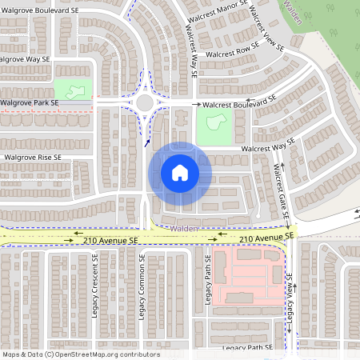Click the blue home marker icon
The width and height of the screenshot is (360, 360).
pos(180,173)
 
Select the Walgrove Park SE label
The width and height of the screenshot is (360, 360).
pos(30,103)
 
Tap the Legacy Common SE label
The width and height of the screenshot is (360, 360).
pos(142,288)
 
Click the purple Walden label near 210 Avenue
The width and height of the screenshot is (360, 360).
pos(184,228)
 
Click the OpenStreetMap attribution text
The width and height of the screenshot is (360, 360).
pos(80,354)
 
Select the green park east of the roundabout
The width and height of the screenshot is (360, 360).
pos(214,125)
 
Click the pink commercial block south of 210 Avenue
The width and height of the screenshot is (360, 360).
pos(248,275)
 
